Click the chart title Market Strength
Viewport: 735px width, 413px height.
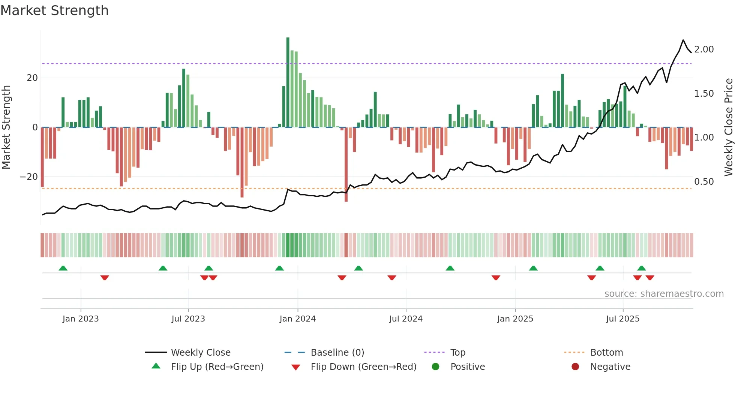point(55,10)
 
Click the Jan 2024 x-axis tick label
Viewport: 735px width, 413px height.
point(297,319)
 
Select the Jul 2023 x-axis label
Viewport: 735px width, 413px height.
point(188,319)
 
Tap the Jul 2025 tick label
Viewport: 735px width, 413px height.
point(622,319)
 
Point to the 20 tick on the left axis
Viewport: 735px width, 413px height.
point(32,78)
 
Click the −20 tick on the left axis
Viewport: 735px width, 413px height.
point(29,177)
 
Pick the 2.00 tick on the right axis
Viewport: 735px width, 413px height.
point(704,49)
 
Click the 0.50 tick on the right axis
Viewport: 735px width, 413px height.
point(704,182)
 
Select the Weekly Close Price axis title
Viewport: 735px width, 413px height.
point(728,127)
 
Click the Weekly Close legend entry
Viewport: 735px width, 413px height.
point(201,353)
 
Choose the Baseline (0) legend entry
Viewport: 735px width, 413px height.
point(337,353)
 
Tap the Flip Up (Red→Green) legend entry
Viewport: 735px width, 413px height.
point(217,367)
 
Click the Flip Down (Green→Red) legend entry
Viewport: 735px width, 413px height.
point(363,367)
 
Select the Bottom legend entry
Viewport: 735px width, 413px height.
point(606,353)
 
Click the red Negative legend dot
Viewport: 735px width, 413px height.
point(575,367)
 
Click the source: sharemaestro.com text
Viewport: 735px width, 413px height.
point(664,294)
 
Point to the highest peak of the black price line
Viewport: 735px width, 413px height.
point(683,40)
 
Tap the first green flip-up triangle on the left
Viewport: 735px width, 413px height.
point(63,268)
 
